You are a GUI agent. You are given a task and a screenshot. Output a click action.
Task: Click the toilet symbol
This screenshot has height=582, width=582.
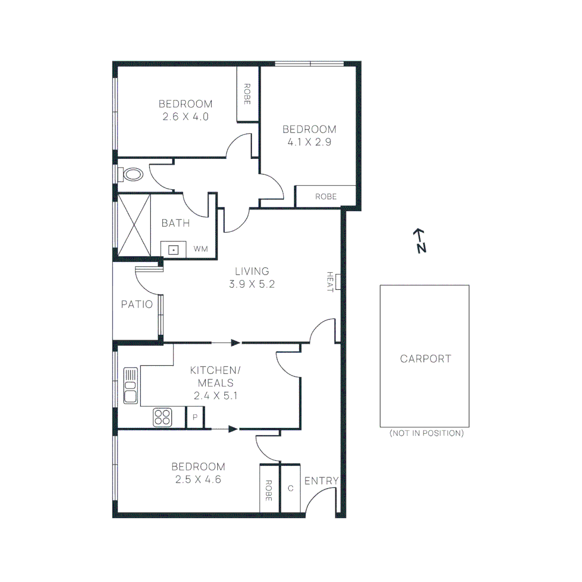coord(133,175)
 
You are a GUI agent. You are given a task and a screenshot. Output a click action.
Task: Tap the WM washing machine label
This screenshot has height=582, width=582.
coord(200,249)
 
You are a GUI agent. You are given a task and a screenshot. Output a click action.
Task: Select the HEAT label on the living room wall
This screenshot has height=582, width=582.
coord(330,282)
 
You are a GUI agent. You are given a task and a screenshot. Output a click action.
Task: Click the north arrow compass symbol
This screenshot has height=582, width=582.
coord(420,240)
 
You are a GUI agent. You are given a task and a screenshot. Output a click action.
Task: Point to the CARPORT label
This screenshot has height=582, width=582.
coord(425,359)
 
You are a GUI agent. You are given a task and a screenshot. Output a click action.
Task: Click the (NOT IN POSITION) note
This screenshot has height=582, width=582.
coord(426,433)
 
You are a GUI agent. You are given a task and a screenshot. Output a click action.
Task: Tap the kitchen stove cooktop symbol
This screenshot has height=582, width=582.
coord(163,417)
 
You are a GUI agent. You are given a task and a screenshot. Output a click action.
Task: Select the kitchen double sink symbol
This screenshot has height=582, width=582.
coord(130,385)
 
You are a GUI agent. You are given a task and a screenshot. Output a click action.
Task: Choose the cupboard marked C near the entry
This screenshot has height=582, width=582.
coord(290,488)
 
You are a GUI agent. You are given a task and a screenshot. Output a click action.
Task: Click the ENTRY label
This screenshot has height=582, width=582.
coord(321,481)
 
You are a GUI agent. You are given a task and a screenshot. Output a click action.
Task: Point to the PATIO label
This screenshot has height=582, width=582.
coord(136,304)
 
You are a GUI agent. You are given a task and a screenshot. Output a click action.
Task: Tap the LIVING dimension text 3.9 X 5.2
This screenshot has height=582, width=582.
coord(252,284)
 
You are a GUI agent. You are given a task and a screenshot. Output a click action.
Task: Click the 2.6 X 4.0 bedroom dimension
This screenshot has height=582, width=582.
coord(185,116)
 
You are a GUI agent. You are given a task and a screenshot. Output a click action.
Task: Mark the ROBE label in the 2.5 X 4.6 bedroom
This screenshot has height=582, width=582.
coord(269,488)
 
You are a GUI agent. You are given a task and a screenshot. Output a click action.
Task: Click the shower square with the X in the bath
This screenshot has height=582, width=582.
coord(134,224)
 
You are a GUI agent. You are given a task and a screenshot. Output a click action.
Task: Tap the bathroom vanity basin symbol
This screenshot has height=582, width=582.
coord(174,250)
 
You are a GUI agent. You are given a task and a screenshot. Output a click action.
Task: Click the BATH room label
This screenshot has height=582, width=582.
coord(176,223)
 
